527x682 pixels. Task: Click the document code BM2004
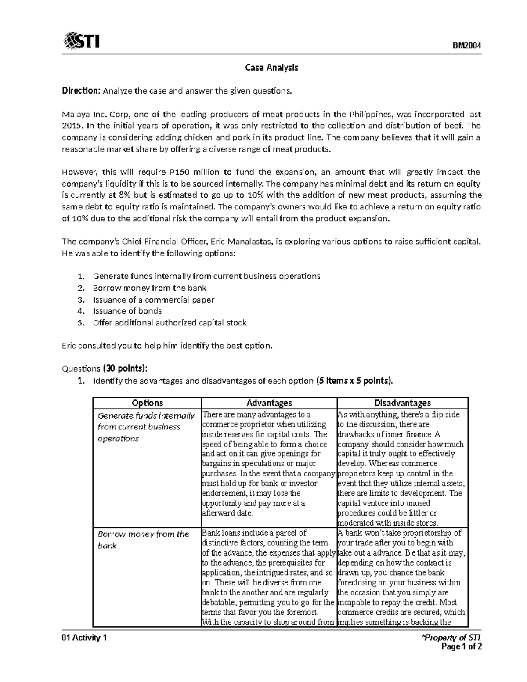467,46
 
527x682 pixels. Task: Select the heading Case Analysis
271,68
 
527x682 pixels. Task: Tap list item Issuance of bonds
127,311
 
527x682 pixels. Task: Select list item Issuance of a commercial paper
153,300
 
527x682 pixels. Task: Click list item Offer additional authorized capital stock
170,323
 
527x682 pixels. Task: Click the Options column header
147,403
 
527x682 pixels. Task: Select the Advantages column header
269,403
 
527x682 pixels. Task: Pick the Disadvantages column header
402,403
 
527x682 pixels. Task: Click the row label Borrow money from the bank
143,540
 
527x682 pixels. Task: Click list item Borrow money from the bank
149,288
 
